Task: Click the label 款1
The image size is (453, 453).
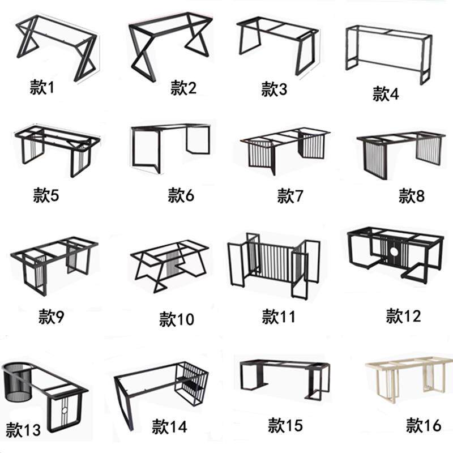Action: click(42, 87)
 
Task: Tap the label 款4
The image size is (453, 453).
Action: click(386, 93)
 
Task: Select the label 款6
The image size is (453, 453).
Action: click(181, 195)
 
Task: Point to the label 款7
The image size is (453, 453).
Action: click(290, 195)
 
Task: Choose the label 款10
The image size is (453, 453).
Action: click(177, 319)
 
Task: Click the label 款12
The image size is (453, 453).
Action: click(403, 316)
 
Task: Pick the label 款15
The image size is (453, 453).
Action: click(285, 425)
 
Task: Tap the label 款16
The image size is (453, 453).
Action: click(424, 425)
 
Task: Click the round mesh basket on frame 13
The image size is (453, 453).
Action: click(18, 382)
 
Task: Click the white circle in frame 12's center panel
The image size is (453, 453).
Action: click(394, 251)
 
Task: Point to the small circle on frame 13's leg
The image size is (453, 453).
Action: click(65, 410)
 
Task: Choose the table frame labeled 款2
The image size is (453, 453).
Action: click(170, 46)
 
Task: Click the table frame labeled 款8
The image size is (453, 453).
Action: click(400, 155)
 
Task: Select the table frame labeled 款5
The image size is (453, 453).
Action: click(57, 150)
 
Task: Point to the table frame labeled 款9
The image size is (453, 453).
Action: click(54, 266)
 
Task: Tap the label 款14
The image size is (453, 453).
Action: click(169, 426)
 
